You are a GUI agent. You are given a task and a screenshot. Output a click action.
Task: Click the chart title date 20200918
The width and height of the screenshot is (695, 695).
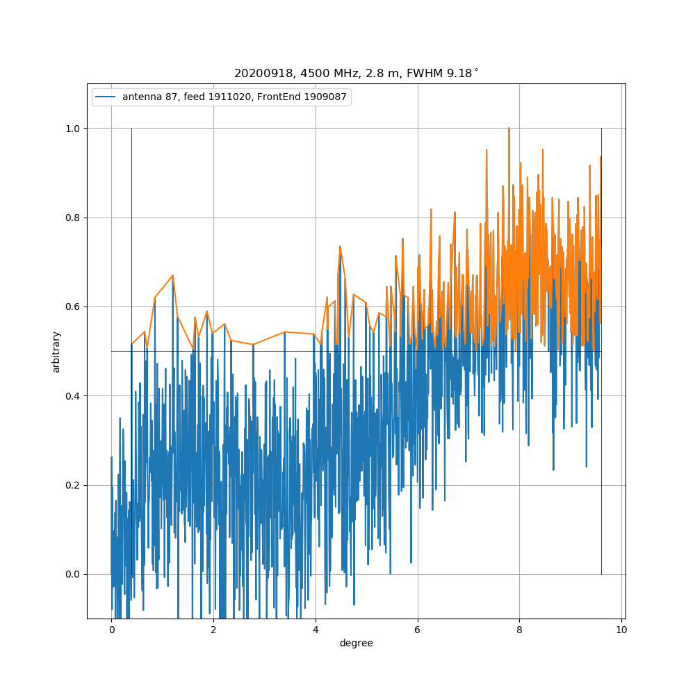[258, 73]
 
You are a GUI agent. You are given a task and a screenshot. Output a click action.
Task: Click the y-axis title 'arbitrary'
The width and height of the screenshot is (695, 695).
[56, 352]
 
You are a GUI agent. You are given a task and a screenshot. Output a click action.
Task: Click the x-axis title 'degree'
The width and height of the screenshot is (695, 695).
[356, 644]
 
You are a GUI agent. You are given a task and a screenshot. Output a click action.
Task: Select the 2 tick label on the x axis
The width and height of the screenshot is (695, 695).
[213, 630]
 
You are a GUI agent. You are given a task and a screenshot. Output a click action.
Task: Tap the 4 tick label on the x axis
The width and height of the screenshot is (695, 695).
[316, 630]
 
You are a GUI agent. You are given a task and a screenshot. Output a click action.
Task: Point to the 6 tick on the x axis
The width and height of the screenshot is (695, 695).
[418, 630]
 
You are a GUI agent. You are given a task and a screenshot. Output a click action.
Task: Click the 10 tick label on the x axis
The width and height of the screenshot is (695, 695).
[621, 630]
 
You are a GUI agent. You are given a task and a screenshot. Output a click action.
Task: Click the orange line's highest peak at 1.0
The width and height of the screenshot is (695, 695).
[509, 129]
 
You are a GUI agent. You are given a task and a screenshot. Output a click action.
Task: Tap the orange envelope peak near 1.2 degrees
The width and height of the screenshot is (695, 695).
[173, 275]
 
